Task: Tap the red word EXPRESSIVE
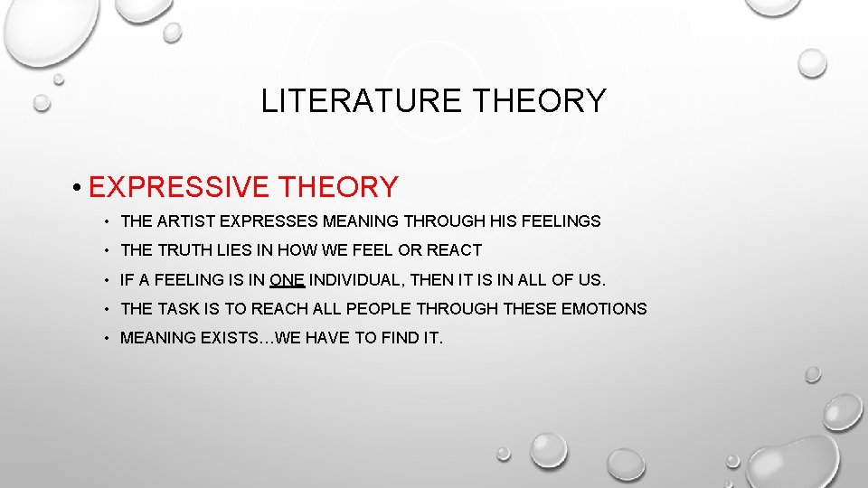tap(178, 187)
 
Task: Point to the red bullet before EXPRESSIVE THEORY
tap(80, 188)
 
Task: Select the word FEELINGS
tap(560, 221)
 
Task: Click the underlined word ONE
tap(287, 279)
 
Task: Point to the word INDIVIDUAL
tap(359, 279)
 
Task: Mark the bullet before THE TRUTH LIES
tap(106, 250)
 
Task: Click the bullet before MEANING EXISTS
tap(106, 339)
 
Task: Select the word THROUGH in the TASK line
tap(462, 308)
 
